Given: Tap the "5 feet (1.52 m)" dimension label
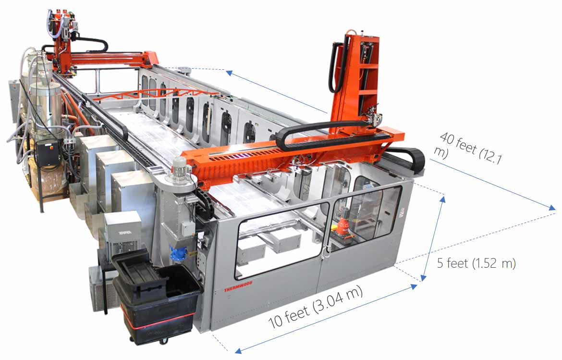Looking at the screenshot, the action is (x=476, y=263).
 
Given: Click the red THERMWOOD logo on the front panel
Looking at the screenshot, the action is (x=238, y=286).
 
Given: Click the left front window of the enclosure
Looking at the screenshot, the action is (x=281, y=240).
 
